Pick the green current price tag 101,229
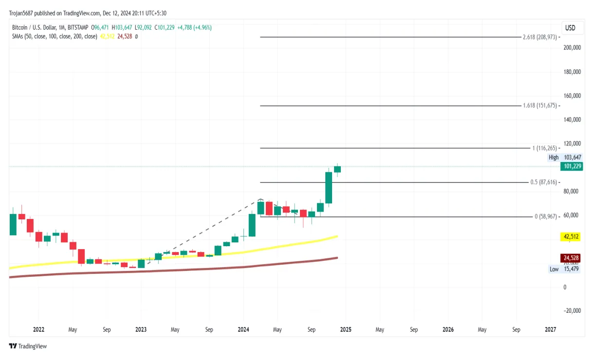pos(572,166)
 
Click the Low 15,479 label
pos(564,269)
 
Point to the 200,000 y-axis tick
pos(572,48)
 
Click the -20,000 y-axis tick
pos(572,311)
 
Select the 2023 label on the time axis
pos(141,329)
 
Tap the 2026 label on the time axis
pos(448,329)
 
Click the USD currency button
pos(570,28)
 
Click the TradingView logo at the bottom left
pos(28,346)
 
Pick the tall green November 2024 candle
pos(329,187)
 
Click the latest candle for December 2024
pos(337,169)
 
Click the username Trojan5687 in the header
pos(21,13)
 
